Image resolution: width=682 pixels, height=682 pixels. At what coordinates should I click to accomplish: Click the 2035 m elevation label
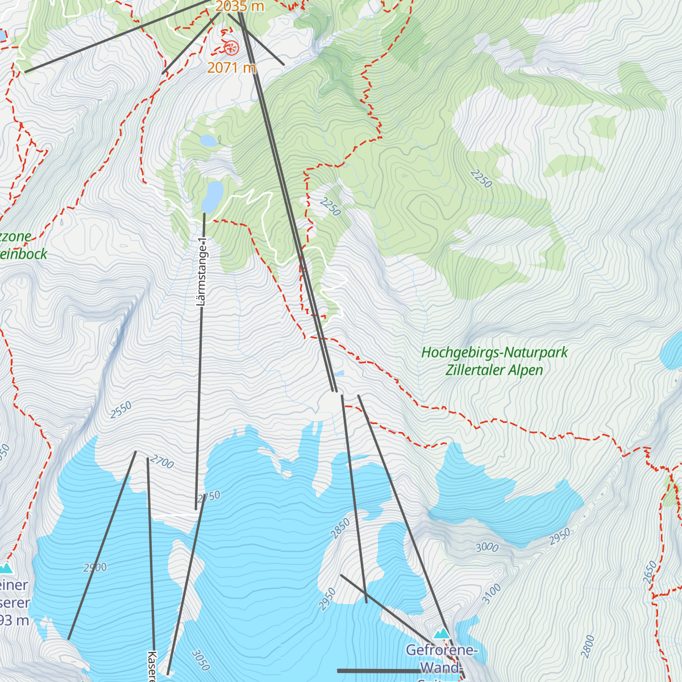239,7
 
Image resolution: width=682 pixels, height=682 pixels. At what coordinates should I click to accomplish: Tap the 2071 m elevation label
231,68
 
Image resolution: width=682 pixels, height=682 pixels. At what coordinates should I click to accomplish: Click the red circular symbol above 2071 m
231,48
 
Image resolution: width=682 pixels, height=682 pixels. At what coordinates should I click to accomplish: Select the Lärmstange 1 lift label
201,272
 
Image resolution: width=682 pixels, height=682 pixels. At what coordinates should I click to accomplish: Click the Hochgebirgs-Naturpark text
494,352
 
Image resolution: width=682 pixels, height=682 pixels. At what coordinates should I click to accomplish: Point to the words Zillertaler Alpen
494,370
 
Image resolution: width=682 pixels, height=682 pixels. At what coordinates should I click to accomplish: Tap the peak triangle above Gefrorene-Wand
442,633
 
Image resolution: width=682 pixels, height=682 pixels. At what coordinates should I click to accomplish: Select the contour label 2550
121,410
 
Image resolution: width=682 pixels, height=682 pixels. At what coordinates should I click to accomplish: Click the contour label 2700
163,463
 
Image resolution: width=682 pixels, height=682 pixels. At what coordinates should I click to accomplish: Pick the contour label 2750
209,497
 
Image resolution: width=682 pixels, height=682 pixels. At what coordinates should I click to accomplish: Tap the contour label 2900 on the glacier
95,567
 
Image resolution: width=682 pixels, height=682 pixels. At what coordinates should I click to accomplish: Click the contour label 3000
487,547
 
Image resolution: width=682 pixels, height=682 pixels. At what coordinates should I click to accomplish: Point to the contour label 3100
492,593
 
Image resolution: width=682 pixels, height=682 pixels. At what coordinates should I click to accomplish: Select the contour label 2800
588,647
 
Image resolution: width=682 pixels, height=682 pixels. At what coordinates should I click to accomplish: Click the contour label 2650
650,572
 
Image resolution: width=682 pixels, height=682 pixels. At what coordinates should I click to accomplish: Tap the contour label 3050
201,660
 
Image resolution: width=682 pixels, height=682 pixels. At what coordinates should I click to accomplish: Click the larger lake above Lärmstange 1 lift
212,196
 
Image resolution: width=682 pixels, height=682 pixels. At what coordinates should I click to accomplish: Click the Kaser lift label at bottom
152,666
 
